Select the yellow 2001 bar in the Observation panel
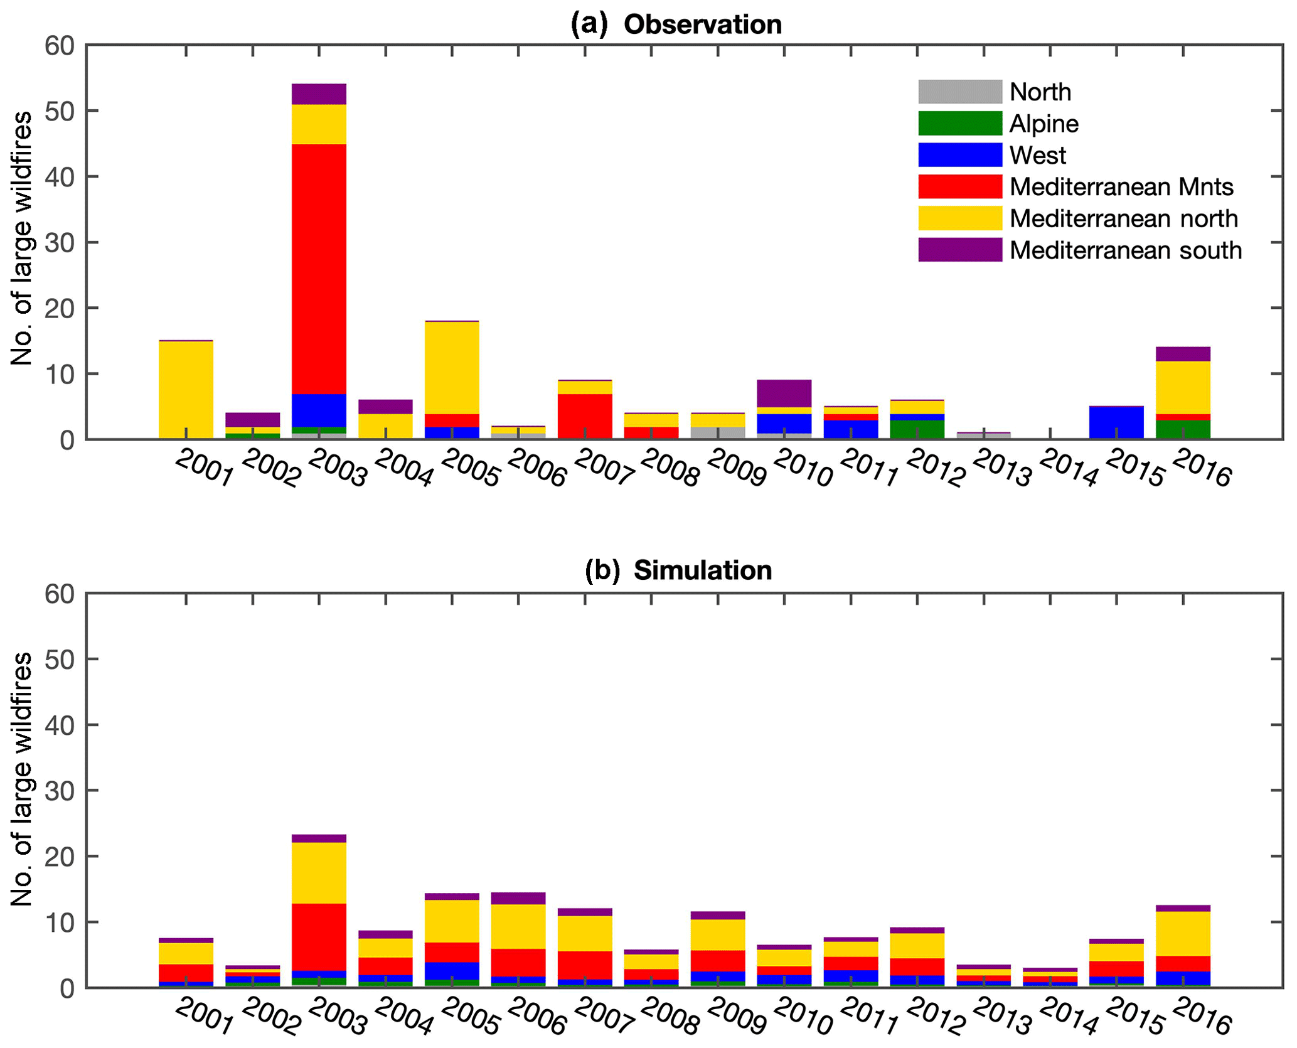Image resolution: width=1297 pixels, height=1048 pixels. [x=186, y=389]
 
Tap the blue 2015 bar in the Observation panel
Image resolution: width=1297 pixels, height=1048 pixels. [x=1116, y=422]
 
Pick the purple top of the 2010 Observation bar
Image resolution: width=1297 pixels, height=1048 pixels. [x=784, y=393]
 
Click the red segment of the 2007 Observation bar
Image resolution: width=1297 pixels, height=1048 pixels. [x=585, y=416]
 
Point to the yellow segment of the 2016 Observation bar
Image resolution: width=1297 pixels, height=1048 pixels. [x=1182, y=387]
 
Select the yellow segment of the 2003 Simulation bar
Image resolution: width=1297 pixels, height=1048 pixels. [x=319, y=872]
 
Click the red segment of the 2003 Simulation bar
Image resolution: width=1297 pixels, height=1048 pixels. [x=319, y=936]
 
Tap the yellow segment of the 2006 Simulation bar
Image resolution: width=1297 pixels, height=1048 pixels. [x=518, y=926]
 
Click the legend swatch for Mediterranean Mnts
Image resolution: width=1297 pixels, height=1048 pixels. [x=959, y=187]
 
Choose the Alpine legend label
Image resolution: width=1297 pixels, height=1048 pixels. [x=1043, y=124]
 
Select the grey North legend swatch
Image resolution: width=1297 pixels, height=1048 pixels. [x=959, y=92]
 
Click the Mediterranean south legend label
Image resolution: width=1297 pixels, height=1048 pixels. [x=1125, y=250]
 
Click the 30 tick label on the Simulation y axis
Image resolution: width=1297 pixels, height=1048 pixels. [x=60, y=791]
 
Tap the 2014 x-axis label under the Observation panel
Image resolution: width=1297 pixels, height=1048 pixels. [x=1067, y=469]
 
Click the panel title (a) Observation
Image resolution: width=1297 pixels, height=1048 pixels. [x=676, y=24]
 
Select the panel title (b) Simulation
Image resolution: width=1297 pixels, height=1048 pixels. [x=678, y=570]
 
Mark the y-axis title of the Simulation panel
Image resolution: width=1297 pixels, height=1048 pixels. [x=22, y=778]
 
